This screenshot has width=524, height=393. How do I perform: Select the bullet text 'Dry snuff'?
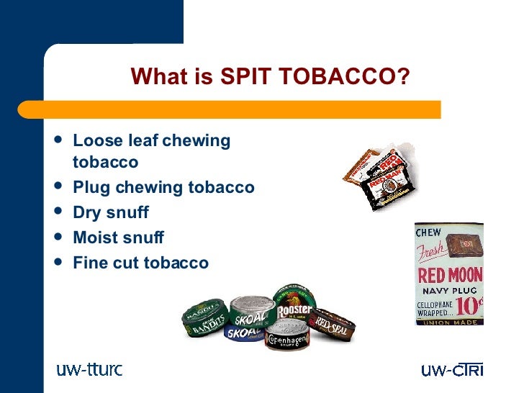coord(111,212)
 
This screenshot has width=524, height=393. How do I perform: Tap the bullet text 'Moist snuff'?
coord(119,237)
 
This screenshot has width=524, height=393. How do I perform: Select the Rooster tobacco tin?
coord(294,303)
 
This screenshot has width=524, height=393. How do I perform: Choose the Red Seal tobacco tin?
coord(333,325)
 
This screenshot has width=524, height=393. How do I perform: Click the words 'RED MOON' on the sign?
coord(450,275)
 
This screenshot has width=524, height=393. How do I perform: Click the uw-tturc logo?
coord(89,370)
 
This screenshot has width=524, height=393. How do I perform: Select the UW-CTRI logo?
coord(452,370)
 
